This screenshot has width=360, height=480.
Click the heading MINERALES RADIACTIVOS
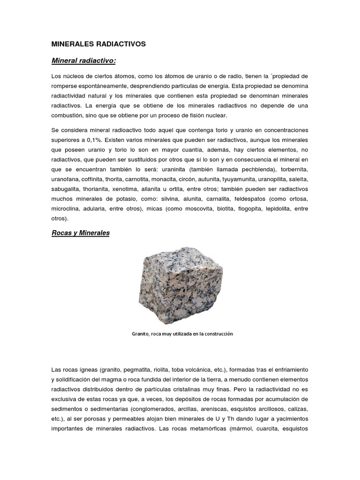click(x=98, y=44)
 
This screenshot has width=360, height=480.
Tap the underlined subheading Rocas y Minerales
click(x=80, y=233)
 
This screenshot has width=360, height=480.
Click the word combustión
click(x=69, y=115)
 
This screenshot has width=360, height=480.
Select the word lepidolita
click(x=278, y=210)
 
